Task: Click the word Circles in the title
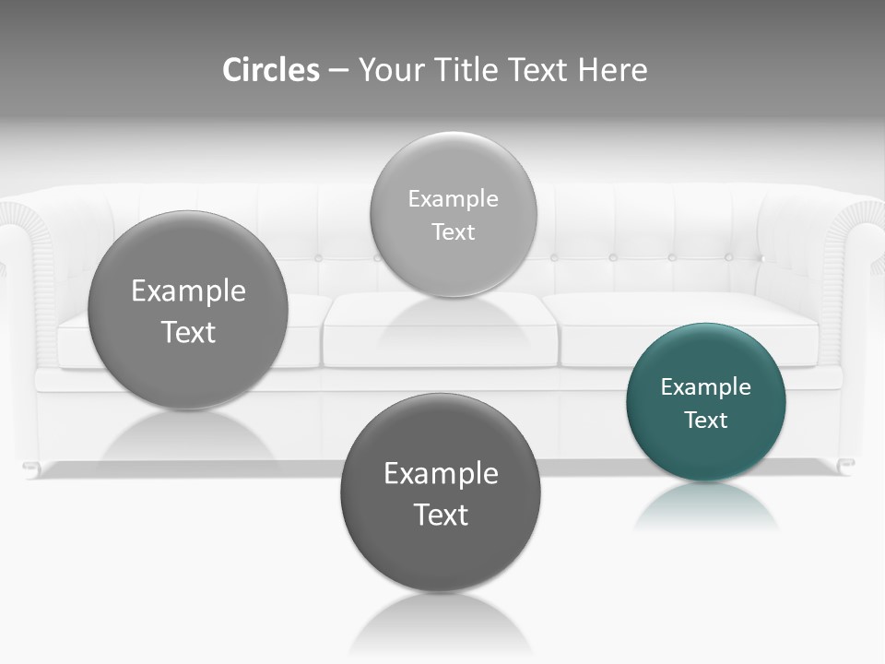271,70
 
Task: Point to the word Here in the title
612,70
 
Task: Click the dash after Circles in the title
338,71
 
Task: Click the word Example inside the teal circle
706,386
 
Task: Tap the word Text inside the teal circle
706,421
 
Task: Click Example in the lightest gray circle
454,198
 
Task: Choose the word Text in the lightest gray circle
454,231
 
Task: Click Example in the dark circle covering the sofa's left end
188,290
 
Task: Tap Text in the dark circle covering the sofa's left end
188,332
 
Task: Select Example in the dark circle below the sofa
441,473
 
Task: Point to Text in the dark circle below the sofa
441,515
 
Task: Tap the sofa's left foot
31,468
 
